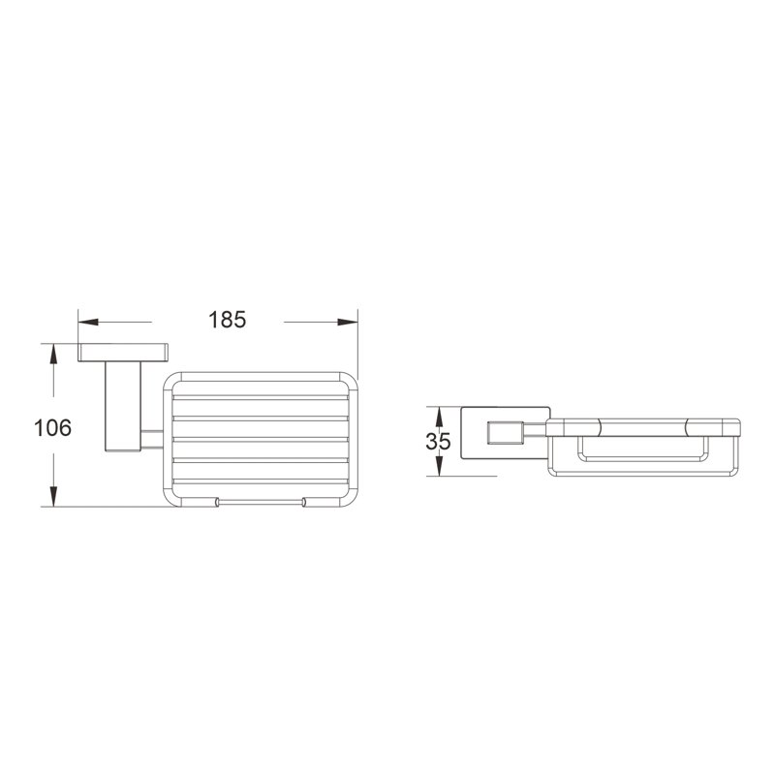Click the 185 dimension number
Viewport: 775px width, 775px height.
click(x=227, y=319)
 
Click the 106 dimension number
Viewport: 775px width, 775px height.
click(x=52, y=427)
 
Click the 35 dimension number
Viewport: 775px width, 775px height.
click(x=439, y=442)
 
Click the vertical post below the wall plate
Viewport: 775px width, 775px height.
click(x=122, y=407)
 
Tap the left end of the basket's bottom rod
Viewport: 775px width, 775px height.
click(x=216, y=502)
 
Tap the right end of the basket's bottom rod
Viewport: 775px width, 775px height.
click(x=304, y=502)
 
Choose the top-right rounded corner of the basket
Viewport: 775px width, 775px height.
click(x=349, y=381)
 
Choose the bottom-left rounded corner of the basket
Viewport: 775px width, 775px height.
click(x=170, y=495)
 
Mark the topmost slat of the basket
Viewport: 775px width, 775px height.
click(x=259, y=397)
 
